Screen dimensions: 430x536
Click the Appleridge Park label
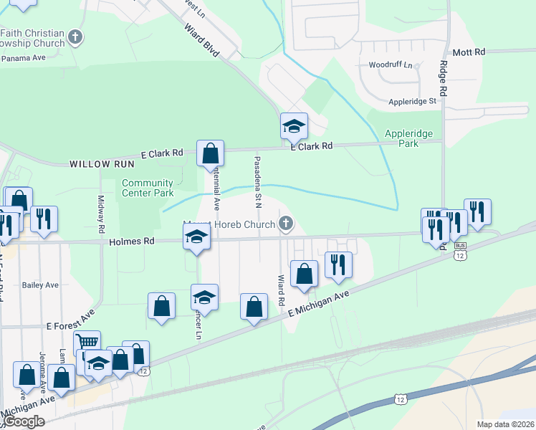411,138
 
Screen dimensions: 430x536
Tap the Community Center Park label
148,188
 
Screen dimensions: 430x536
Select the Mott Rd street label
469,52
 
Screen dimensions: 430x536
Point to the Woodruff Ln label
391,65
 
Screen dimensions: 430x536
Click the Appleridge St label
412,102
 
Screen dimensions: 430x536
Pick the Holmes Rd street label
133,242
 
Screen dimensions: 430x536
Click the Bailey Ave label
40,285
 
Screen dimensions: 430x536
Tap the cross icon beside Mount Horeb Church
286,224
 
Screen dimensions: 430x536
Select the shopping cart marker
87,343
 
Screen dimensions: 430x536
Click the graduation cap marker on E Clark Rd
293,126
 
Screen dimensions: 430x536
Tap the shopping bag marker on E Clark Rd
211,153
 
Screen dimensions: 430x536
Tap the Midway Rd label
102,212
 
